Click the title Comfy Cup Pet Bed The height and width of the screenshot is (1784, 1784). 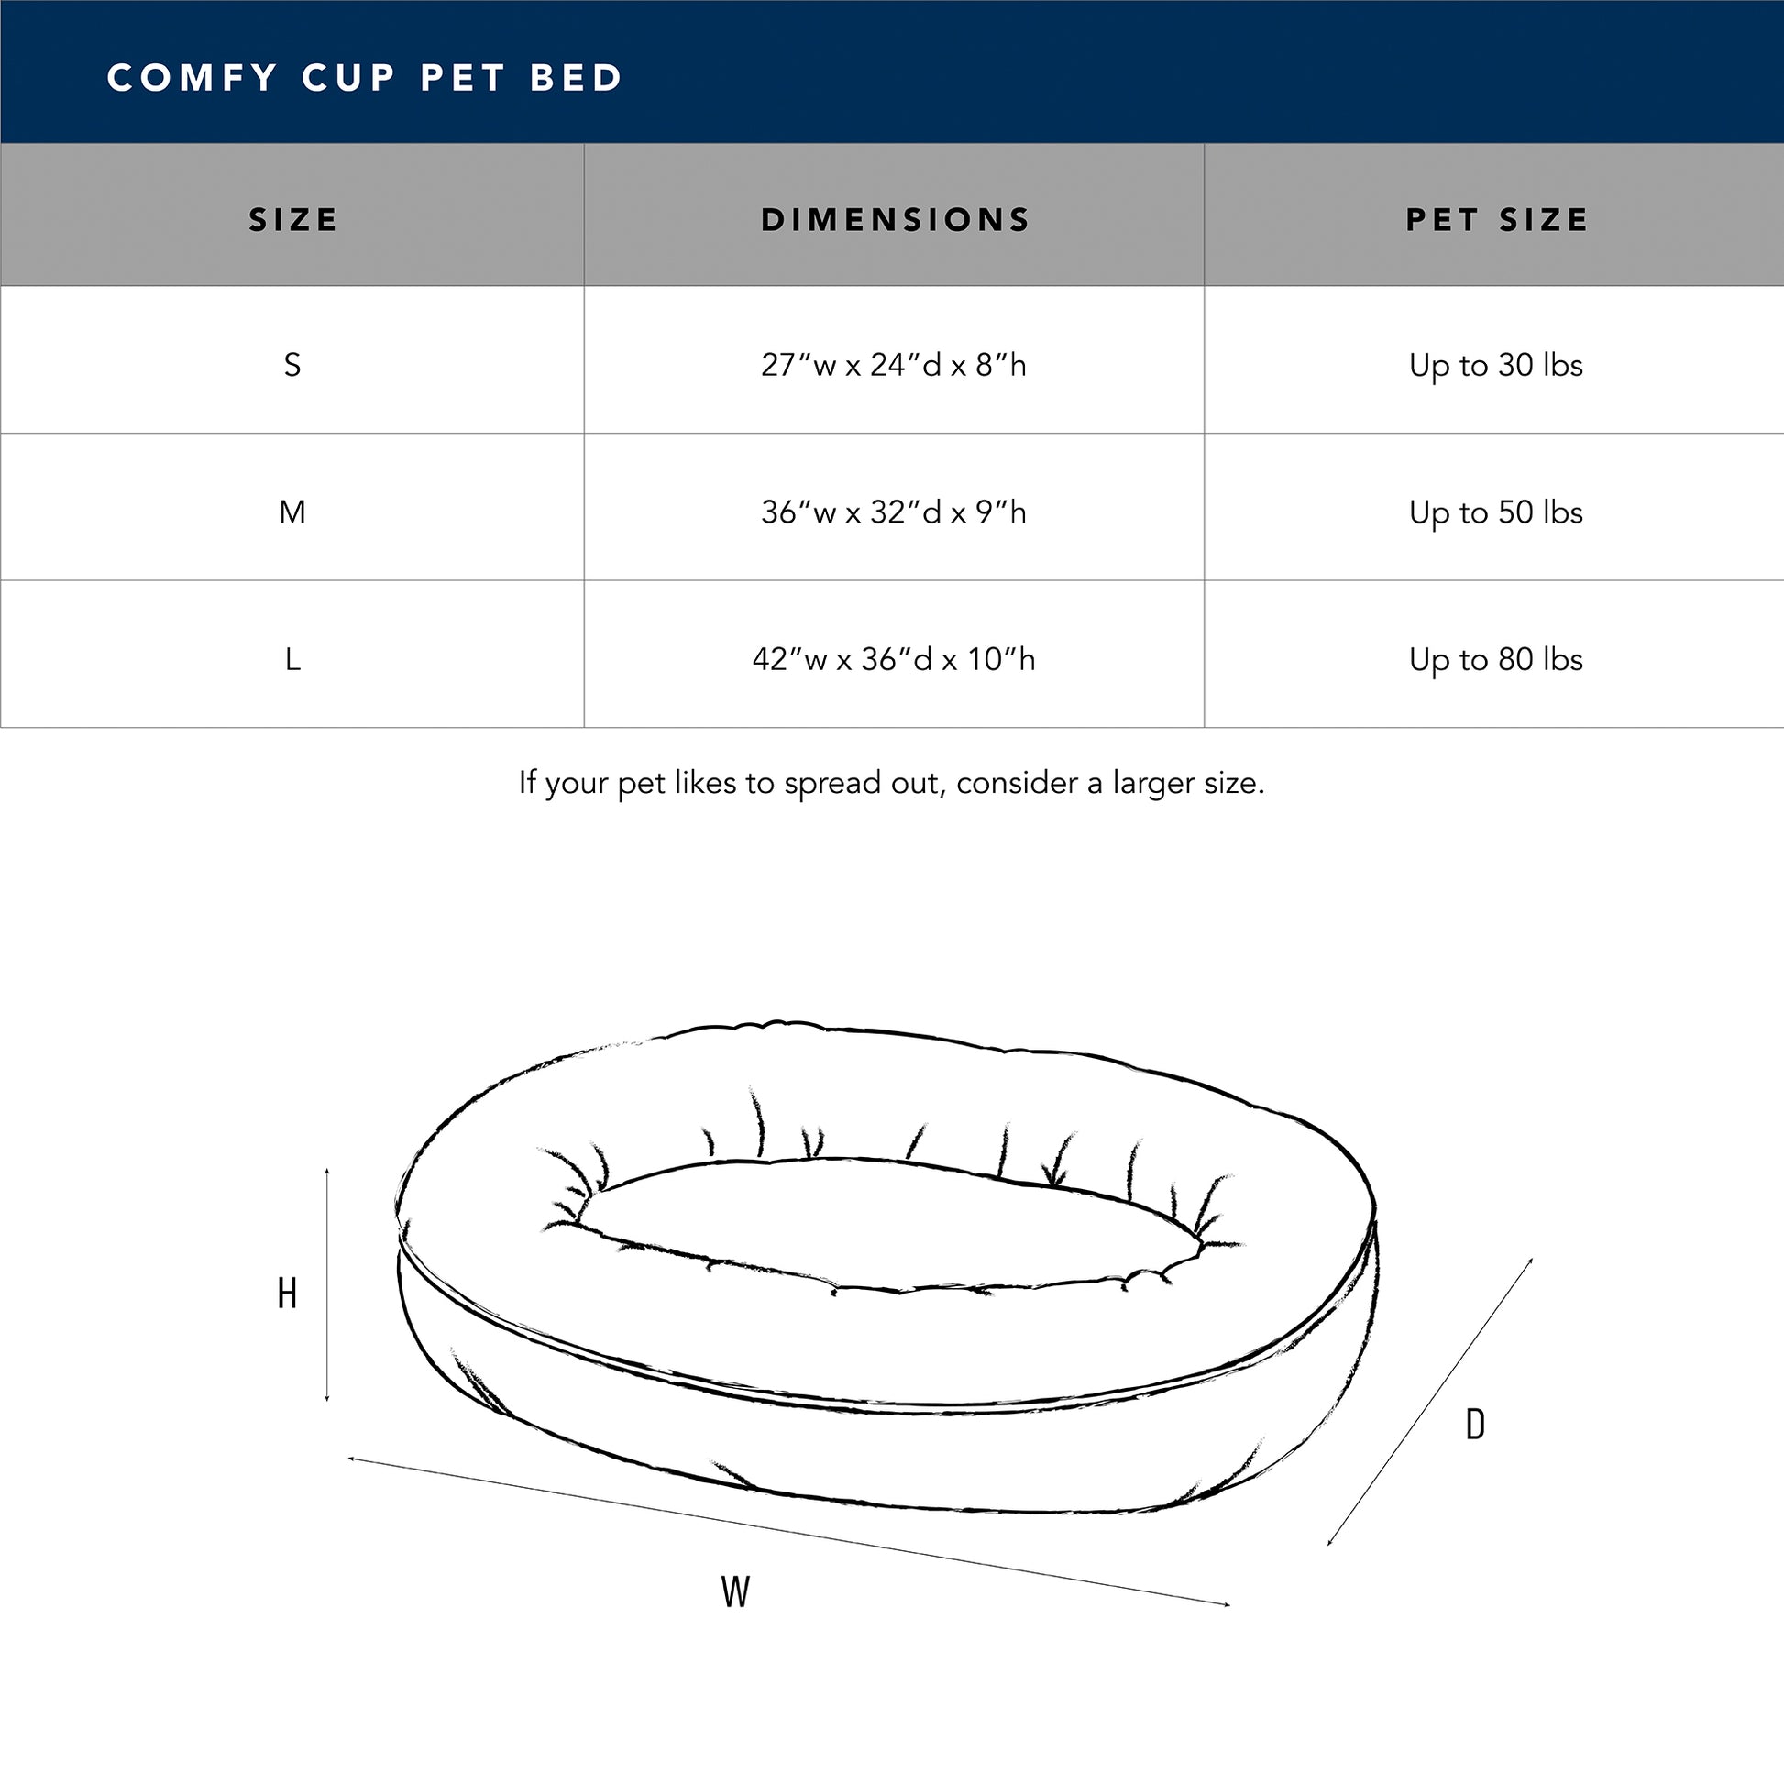tap(365, 78)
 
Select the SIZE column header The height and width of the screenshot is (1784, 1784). tap(292, 220)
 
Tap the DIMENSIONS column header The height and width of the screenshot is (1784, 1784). tap(894, 220)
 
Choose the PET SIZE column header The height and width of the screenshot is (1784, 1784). tap(1496, 220)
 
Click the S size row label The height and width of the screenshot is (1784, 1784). tap(292, 366)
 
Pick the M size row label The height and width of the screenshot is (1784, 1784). tap(292, 512)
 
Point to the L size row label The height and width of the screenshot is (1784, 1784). tap(292, 659)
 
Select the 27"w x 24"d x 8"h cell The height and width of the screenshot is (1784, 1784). tap(894, 366)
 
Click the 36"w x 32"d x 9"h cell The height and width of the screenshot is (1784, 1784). tap(894, 512)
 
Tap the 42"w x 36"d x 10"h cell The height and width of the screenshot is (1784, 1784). tap(894, 659)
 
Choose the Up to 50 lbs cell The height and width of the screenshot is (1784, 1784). tap(1496, 513)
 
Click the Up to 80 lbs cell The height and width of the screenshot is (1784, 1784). tap(1496, 660)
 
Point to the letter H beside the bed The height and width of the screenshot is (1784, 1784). tap(287, 1294)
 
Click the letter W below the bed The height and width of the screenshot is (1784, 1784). tap(735, 1591)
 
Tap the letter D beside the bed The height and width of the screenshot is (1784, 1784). tap(1476, 1425)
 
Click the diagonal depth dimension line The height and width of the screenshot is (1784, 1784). tap(1430, 1401)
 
